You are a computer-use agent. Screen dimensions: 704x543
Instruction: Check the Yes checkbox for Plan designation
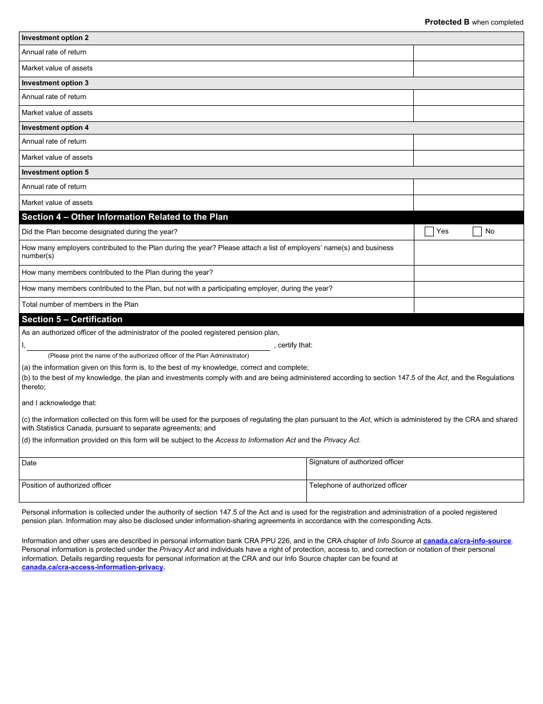(429, 232)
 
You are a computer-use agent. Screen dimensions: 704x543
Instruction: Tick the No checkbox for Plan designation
(477, 232)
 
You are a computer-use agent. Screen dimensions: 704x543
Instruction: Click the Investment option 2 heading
(55, 38)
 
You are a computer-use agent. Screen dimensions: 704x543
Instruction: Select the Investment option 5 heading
(55, 172)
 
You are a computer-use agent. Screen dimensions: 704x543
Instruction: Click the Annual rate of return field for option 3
(468, 97)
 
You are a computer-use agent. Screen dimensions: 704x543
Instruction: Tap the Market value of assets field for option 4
(468, 158)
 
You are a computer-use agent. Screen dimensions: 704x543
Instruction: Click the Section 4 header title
(125, 217)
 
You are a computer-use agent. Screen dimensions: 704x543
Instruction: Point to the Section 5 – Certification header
(72, 319)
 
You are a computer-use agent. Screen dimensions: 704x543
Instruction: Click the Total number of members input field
(468, 305)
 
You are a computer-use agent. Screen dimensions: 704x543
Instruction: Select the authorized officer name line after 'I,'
(149, 346)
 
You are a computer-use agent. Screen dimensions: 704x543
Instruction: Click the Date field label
(29, 463)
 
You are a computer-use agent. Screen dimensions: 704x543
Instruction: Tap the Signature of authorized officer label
(356, 462)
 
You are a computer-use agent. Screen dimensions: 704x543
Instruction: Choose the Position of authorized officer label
(66, 485)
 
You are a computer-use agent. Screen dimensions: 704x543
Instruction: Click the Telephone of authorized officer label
(358, 485)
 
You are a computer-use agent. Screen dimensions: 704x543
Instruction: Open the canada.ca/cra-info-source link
(467, 541)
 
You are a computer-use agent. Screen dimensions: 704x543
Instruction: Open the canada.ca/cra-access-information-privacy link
(93, 567)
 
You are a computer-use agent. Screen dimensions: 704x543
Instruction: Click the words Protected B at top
(446, 22)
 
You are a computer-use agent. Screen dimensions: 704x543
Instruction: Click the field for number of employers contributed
(468, 252)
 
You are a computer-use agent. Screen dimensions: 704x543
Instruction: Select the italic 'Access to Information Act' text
(255, 440)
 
